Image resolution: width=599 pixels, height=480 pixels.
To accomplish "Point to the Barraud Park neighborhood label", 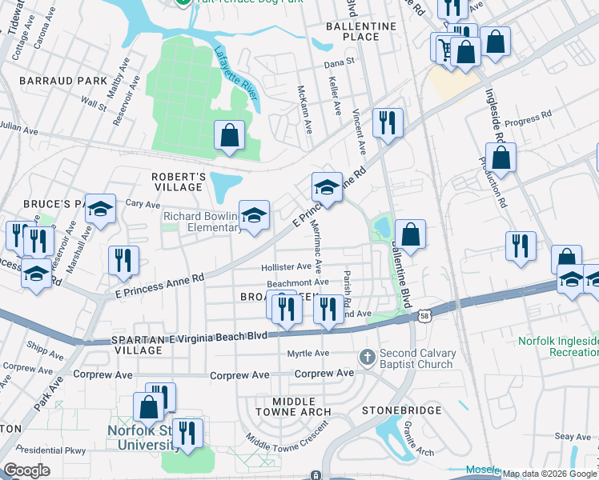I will click(53, 81).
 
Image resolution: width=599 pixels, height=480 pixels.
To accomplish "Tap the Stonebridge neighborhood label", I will click(401, 410).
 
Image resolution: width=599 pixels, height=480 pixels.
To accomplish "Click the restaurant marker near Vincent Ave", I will click(387, 122).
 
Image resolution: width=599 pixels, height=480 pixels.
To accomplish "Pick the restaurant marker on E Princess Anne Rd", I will click(123, 259).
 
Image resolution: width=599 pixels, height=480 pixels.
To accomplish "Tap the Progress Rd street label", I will click(536, 117).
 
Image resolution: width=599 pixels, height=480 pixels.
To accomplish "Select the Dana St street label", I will click(339, 62).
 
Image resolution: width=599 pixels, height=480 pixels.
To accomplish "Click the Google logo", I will click(26, 470).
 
